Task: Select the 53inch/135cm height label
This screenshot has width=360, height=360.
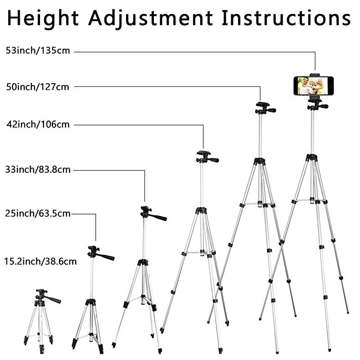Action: [x=38, y=50]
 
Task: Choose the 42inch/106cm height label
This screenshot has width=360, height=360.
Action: [x=38, y=125]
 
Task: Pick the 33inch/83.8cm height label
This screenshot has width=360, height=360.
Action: [x=38, y=170]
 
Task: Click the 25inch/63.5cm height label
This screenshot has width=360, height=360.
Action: [x=38, y=213]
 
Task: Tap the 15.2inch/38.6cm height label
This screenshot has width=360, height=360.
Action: [x=40, y=261]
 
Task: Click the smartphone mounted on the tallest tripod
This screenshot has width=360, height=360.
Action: [x=314, y=85]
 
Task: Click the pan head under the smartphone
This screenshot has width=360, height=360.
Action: [x=315, y=103]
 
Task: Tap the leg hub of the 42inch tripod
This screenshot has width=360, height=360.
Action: [x=201, y=210]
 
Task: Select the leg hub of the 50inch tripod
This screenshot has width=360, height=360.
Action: [x=259, y=161]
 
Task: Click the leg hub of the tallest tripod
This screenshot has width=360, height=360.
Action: [x=311, y=157]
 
